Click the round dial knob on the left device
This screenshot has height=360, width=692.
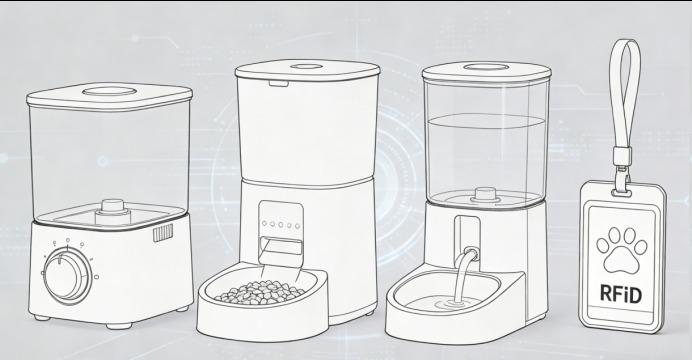tap(68, 276)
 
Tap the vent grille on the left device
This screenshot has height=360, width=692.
tap(163, 232)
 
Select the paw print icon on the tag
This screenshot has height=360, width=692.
tap(621, 250)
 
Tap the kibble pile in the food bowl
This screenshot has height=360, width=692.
tap(260, 292)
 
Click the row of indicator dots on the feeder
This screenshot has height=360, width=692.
tap(281, 225)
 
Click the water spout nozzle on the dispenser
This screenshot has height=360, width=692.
tap(470, 253)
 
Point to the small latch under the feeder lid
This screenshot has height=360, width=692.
tap(279, 83)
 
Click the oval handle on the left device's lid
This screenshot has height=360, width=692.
tap(109, 91)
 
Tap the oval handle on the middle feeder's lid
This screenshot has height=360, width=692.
tap(306, 67)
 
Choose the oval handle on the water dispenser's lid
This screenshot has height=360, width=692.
tap(486, 67)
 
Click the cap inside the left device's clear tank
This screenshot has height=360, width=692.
tap(113, 212)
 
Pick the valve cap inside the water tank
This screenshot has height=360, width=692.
tap(485, 195)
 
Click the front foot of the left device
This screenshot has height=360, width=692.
tap(119, 326)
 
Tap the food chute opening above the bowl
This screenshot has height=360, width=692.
tap(281, 245)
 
